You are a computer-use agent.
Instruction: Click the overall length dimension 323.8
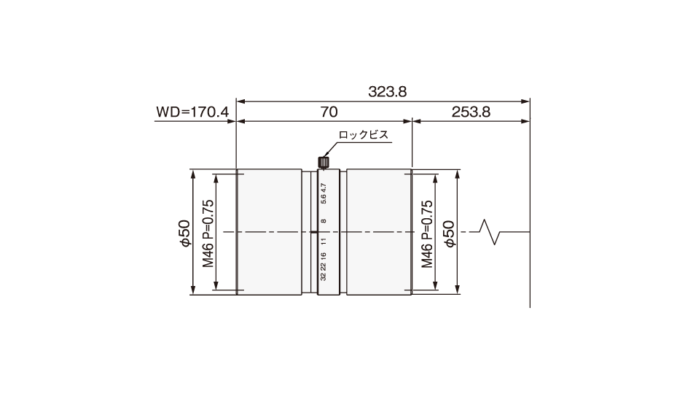(387, 92)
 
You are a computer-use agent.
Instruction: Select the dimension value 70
(329, 112)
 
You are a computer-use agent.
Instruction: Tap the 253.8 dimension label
(471, 112)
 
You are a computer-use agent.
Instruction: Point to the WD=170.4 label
(192, 112)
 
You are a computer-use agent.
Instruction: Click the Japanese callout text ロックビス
(364, 135)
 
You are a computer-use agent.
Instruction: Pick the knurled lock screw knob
(324, 163)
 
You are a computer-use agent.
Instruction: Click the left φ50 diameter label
(185, 233)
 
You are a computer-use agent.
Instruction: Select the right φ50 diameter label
(449, 233)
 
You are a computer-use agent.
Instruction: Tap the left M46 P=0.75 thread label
(208, 233)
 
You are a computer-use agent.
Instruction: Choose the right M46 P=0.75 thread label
(427, 233)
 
